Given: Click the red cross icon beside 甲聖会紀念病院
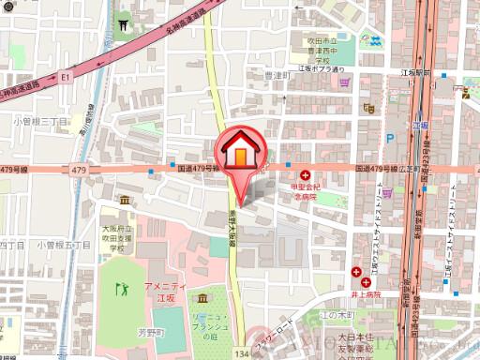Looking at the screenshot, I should (306, 173).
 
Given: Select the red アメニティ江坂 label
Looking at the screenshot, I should (162, 291).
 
